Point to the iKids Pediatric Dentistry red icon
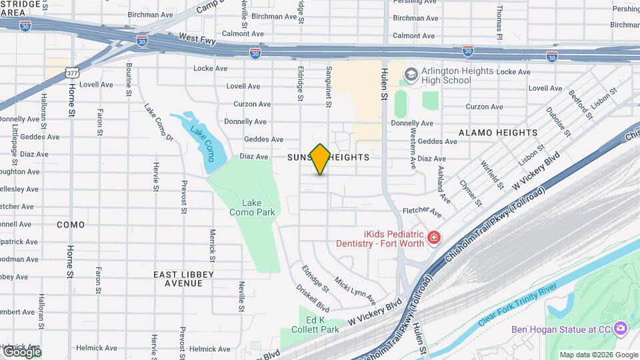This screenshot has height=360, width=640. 434,238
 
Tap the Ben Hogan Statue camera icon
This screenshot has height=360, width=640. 621,329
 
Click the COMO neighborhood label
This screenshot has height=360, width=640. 71,225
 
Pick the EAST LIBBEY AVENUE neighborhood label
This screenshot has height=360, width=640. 183,279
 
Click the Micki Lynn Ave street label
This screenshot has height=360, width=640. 355,290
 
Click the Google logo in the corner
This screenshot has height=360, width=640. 21,351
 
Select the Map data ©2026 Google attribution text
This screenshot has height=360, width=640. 598,355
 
